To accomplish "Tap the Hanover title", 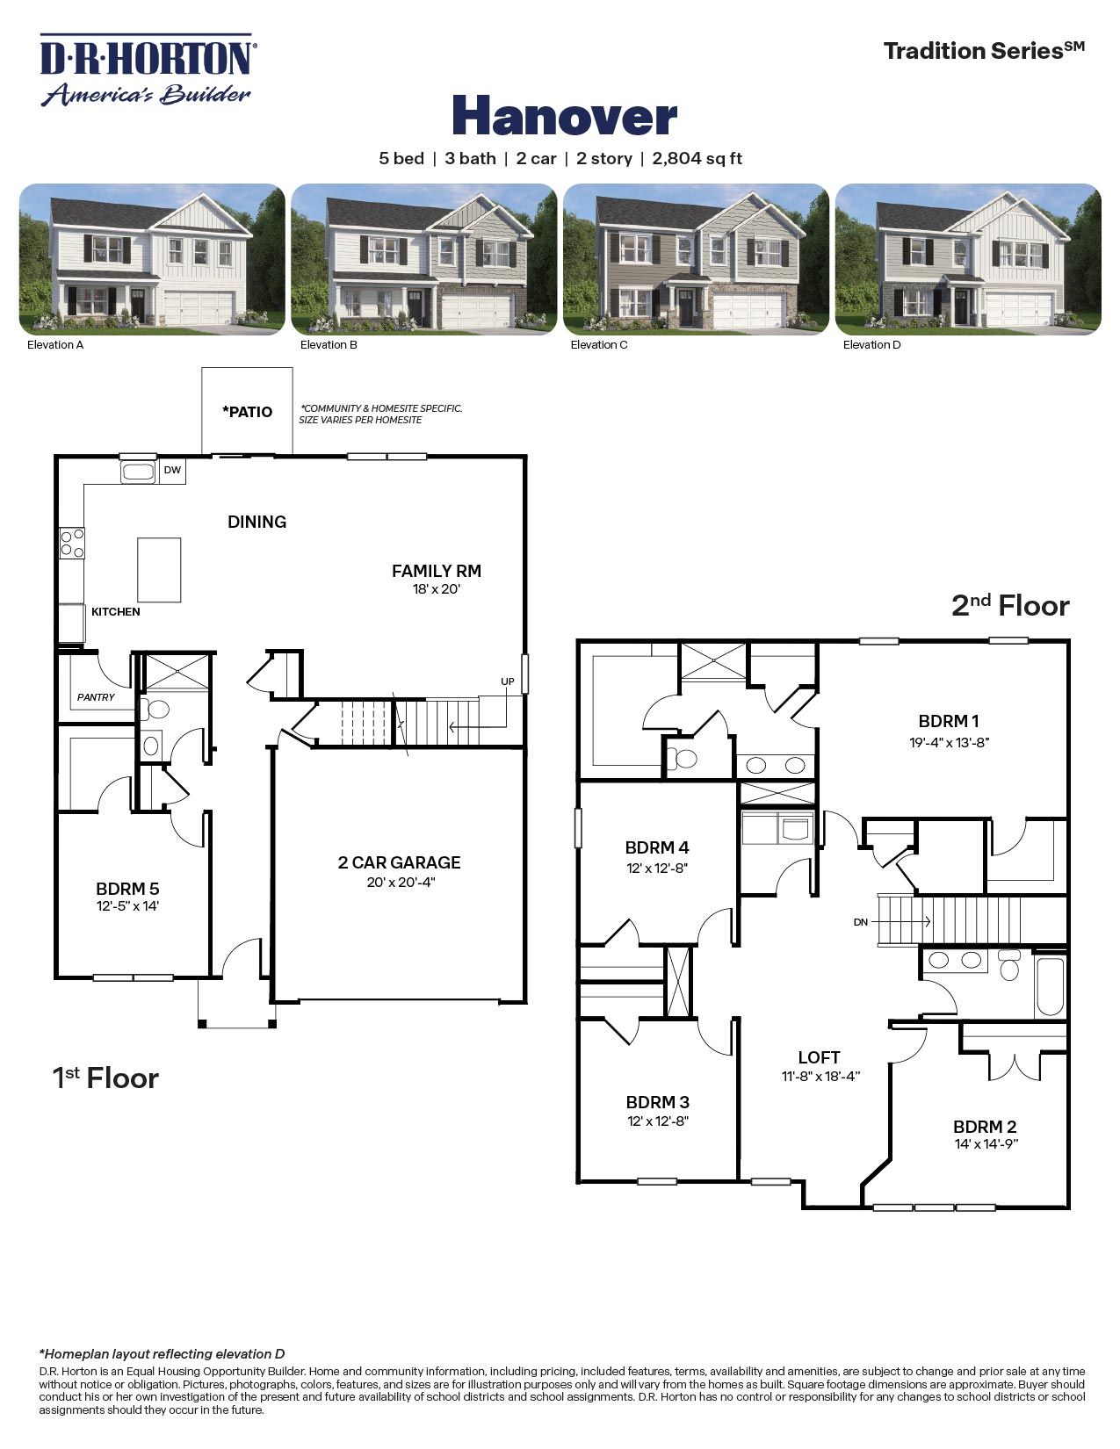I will pyautogui.click(x=564, y=116).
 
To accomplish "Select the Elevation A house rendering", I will pyautogui.click(x=152, y=259).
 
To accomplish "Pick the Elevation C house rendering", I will pyautogui.click(x=696, y=259).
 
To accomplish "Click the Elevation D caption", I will pyautogui.click(x=871, y=345).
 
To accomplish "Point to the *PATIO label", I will pyautogui.click(x=247, y=412).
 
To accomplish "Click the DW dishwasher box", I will pyautogui.click(x=172, y=471).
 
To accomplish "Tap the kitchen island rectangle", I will pyautogui.click(x=159, y=570).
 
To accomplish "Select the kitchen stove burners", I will pyautogui.click(x=72, y=543).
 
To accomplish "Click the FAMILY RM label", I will pyautogui.click(x=437, y=571).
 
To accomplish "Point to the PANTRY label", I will pyautogui.click(x=96, y=697).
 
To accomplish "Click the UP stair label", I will pyautogui.click(x=507, y=681).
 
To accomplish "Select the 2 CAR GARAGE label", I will pyautogui.click(x=399, y=862).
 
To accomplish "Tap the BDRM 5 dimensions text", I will pyautogui.click(x=127, y=905).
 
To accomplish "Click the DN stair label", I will pyautogui.click(x=861, y=922).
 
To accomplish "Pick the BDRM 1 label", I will pyautogui.click(x=949, y=722).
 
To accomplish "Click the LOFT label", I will pyautogui.click(x=819, y=1057).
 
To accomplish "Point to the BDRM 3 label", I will pyautogui.click(x=657, y=1102).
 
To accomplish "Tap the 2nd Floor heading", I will pyautogui.click(x=1010, y=606).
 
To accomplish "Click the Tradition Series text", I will pyautogui.click(x=983, y=51).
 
